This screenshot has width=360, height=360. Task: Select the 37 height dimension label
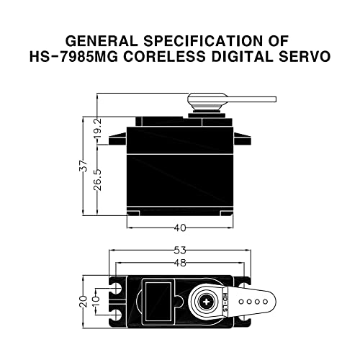(84, 165)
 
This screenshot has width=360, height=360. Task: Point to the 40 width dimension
(180, 228)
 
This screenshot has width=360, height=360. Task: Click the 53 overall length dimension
(180, 250)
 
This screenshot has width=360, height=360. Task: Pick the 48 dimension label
(180, 263)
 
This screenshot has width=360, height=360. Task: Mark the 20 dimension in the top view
(84, 298)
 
